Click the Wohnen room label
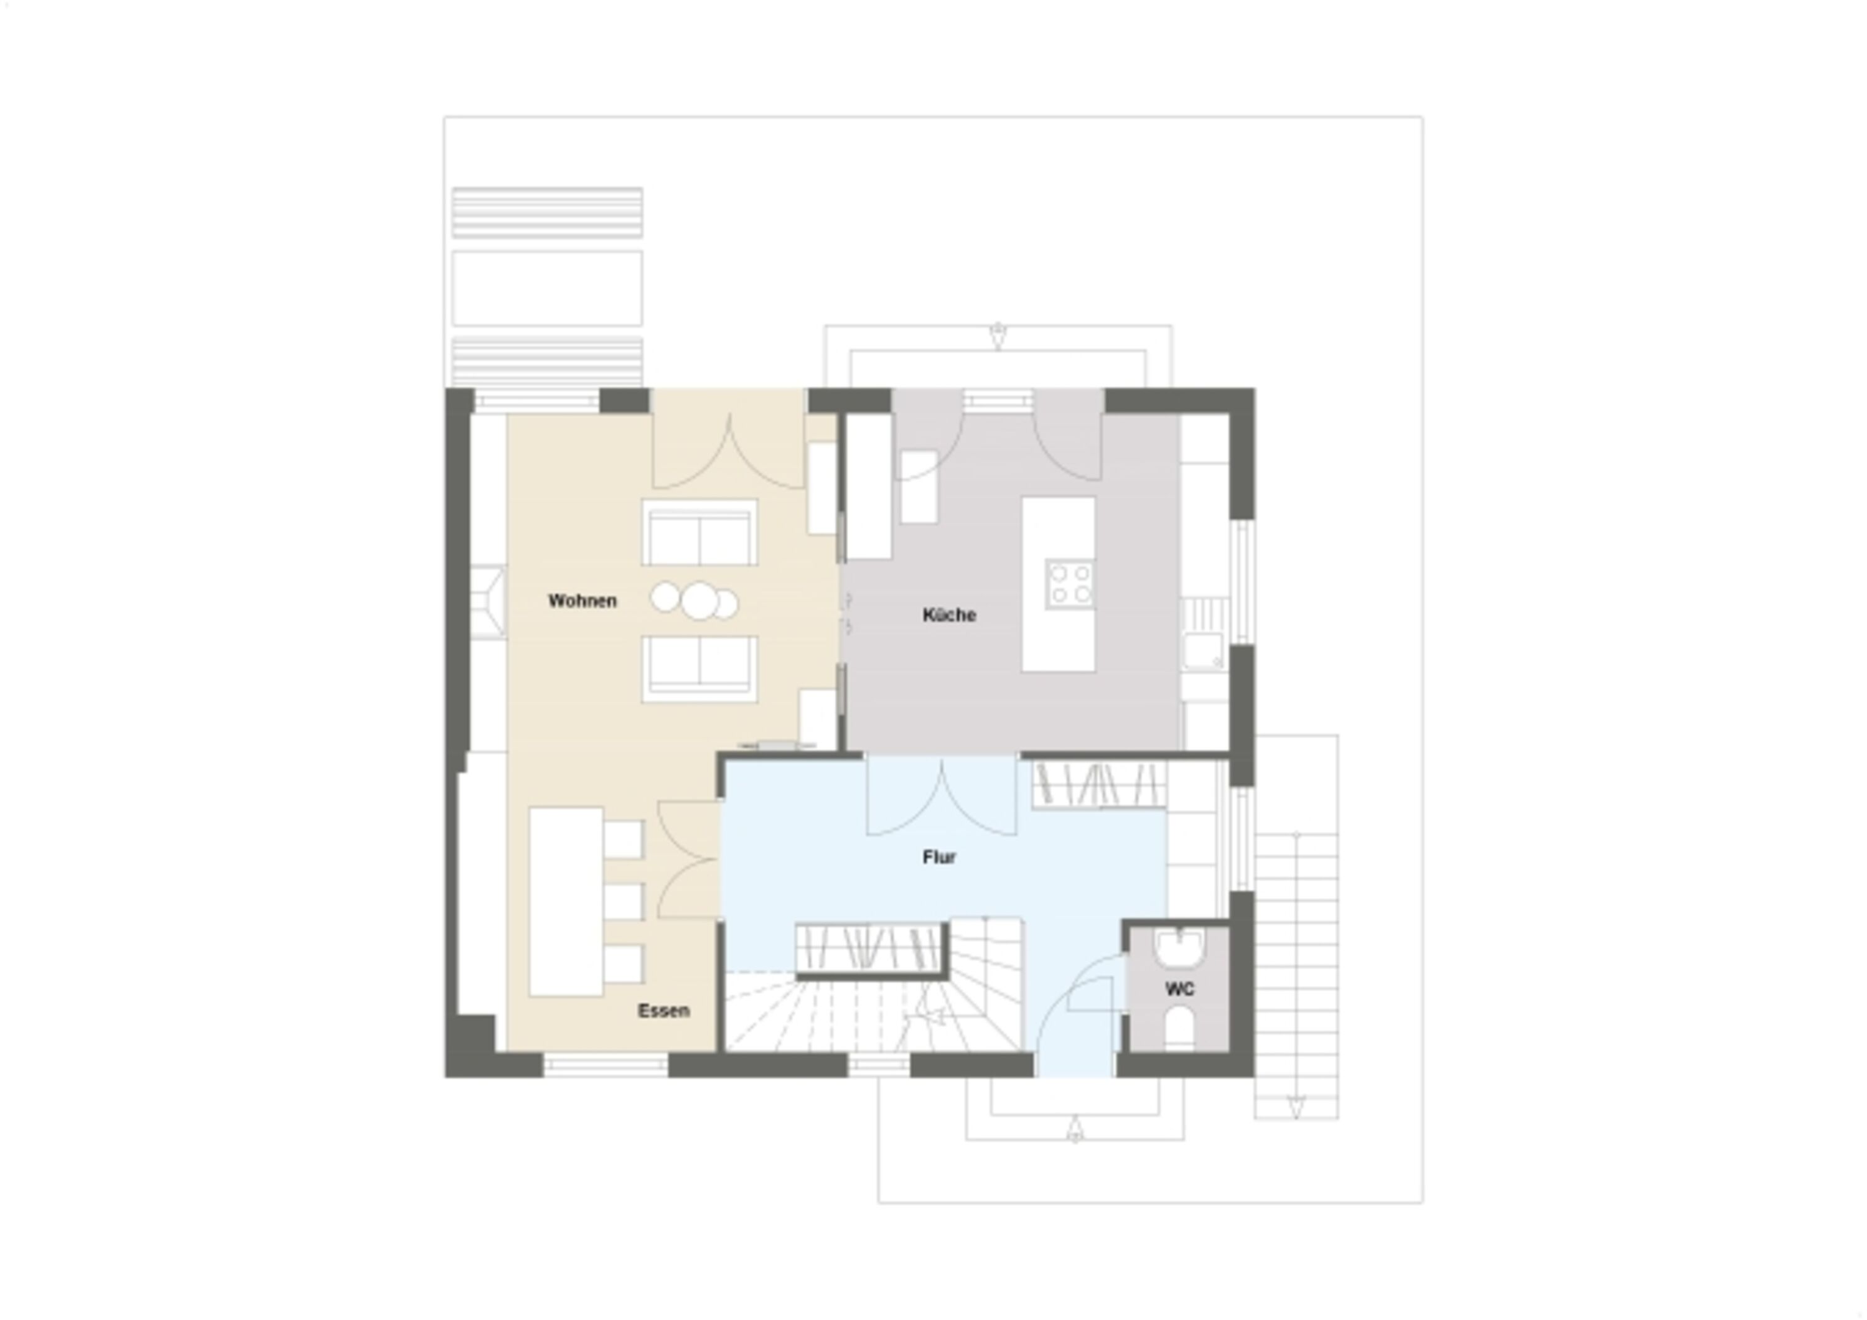click(583, 601)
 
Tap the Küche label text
click(949, 615)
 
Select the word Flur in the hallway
click(939, 857)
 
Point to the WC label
click(1180, 989)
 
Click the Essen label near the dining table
click(663, 1011)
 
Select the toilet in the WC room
click(1179, 1028)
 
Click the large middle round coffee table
click(700, 601)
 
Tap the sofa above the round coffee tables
click(700, 533)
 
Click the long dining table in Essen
click(566, 901)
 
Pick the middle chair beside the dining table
click(624, 901)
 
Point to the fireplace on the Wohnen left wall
click(488, 602)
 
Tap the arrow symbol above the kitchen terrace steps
click(998, 336)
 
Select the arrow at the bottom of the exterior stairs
click(1296, 1106)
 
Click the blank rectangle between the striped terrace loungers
click(547, 288)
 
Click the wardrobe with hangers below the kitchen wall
click(1098, 784)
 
